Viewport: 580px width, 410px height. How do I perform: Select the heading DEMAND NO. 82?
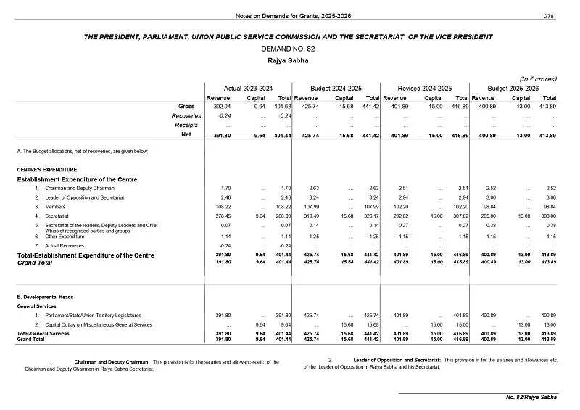(x=289, y=49)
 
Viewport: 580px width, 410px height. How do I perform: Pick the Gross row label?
(x=186, y=107)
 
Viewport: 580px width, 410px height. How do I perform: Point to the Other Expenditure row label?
(x=65, y=236)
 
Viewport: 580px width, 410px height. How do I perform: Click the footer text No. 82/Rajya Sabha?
(x=531, y=398)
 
